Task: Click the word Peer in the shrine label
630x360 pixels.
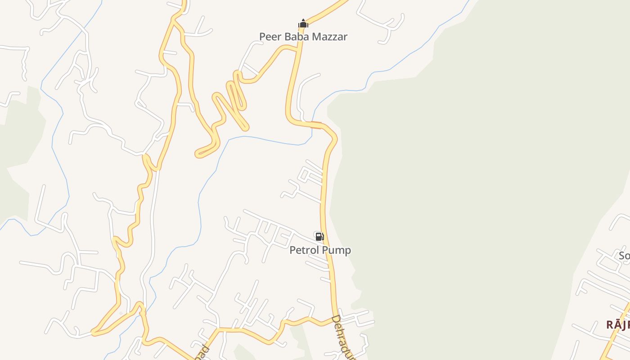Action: click(x=270, y=36)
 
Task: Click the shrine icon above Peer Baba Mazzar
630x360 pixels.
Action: click(x=303, y=23)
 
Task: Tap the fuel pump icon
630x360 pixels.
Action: click(x=319, y=236)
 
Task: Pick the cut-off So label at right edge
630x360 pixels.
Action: click(x=624, y=256)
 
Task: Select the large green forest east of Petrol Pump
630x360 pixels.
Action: click(x=472, y=180)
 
